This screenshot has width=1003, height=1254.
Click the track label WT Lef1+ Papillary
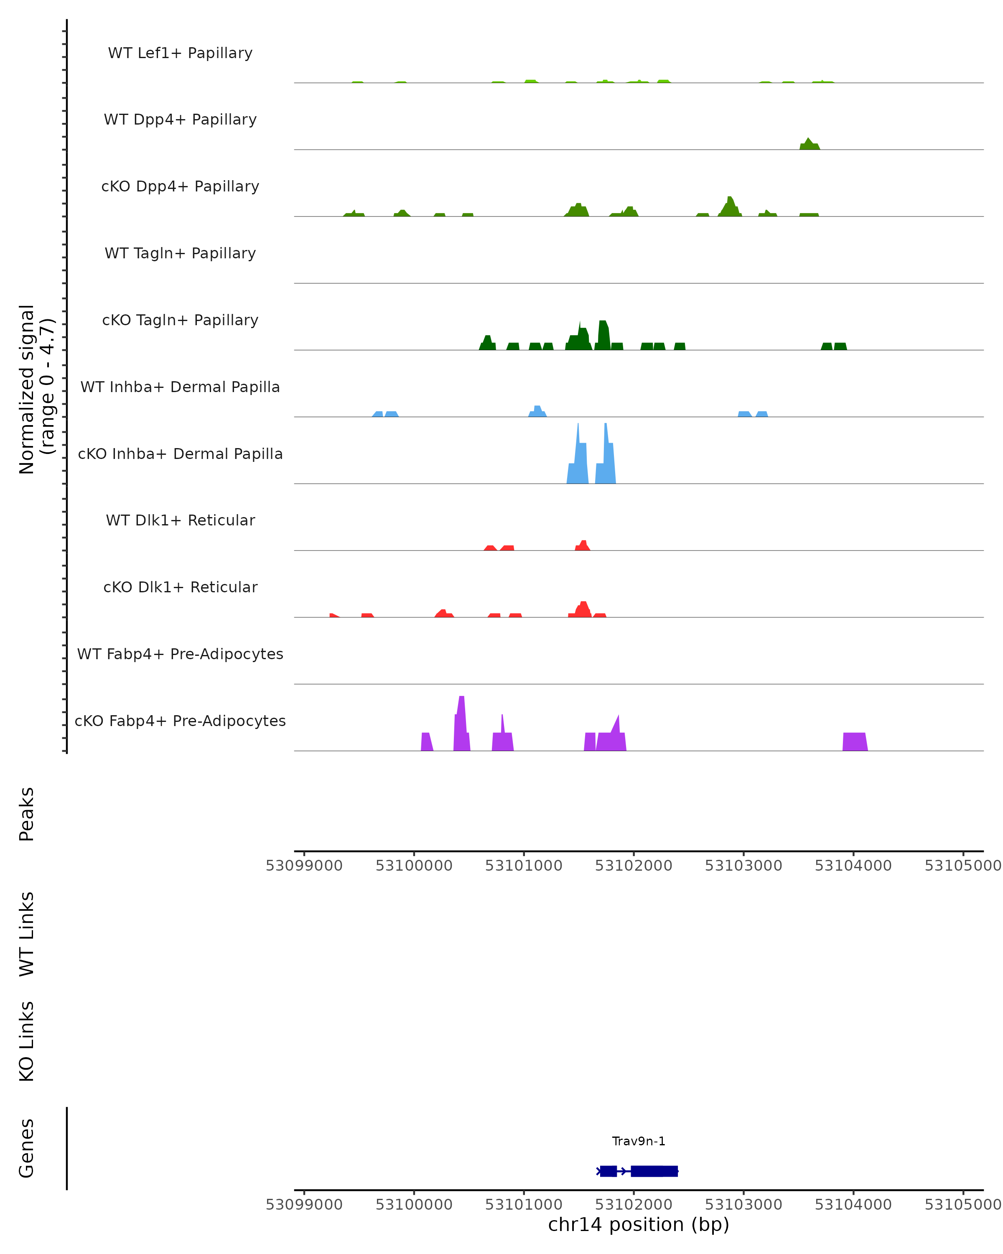[180, 54]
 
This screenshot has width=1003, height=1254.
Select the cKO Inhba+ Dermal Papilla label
[180, 454]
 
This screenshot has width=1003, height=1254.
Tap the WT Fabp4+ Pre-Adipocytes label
[180, 654]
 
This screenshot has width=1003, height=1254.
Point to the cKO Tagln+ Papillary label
[180, 321]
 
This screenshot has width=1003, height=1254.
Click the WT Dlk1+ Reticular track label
[180, 520]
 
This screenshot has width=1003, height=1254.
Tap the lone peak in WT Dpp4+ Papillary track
[809, 144]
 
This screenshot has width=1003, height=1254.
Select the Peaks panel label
[27, 814]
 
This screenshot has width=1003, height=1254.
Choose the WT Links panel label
[27, 934]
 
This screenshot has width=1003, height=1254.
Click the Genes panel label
[27, 1148]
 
